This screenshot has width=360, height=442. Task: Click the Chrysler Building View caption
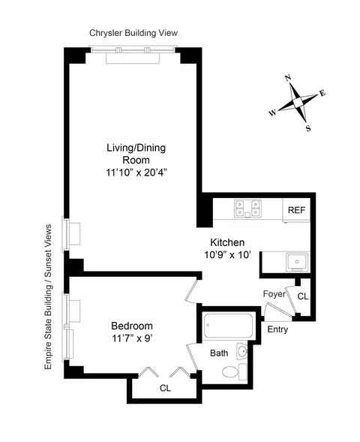(x=133, y=33)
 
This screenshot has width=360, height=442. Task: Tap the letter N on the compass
(x=288, y=78)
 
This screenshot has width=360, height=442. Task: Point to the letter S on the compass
(x=307, y=127)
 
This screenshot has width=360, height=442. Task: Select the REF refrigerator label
(x=296, y=211)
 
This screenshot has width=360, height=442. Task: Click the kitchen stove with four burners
(x=248, y=209)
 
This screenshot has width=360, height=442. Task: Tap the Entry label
(x=277, y=329)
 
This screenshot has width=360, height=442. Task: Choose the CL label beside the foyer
(x=302, y=296)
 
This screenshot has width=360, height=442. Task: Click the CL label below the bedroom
(x=165, y=389)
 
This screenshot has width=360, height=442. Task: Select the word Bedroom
(x=132, y=326)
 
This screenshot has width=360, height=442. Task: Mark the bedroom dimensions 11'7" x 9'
(x=132, y=338)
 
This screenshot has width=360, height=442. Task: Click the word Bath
(x=219, y=353)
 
